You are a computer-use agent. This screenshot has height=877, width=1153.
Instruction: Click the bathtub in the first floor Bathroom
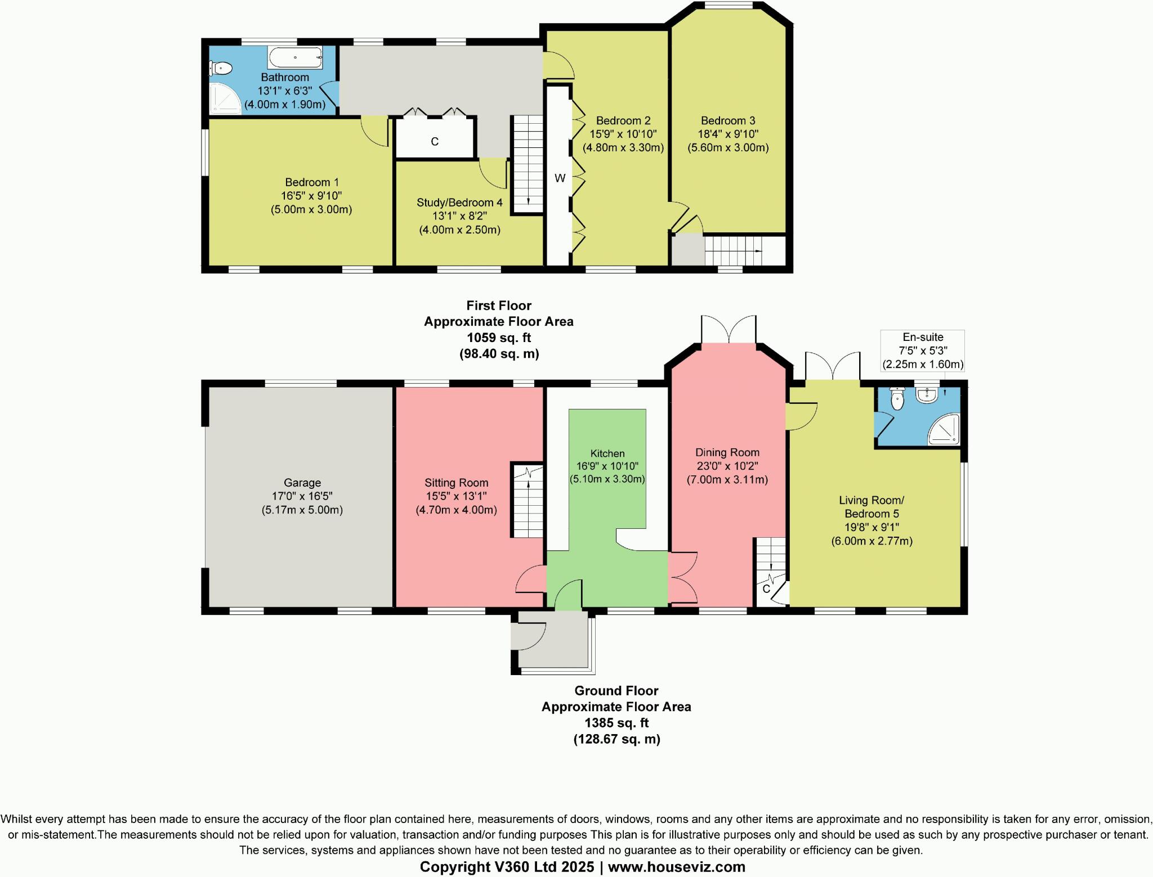(296, 57)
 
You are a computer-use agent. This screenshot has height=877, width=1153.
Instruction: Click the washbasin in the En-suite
(926, 396)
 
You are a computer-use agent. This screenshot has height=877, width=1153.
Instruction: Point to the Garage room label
(302, 483)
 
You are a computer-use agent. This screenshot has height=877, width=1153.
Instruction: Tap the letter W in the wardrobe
(560, 178)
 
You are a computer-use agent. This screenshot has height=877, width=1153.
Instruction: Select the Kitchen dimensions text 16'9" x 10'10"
(607, 466)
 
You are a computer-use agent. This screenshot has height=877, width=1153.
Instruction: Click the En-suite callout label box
(922, 350)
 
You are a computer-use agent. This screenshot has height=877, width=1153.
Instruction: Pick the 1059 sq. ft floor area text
(499, 338)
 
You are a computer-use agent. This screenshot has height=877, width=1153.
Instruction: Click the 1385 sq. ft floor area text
(616, 722)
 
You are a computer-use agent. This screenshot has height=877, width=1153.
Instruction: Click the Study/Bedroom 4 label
(459, 203)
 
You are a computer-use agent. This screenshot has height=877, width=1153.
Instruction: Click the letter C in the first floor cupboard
(435, 142)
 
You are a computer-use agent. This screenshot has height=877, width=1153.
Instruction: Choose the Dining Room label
(727, 452)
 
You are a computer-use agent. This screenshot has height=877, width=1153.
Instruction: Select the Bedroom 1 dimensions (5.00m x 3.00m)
(311, 210)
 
